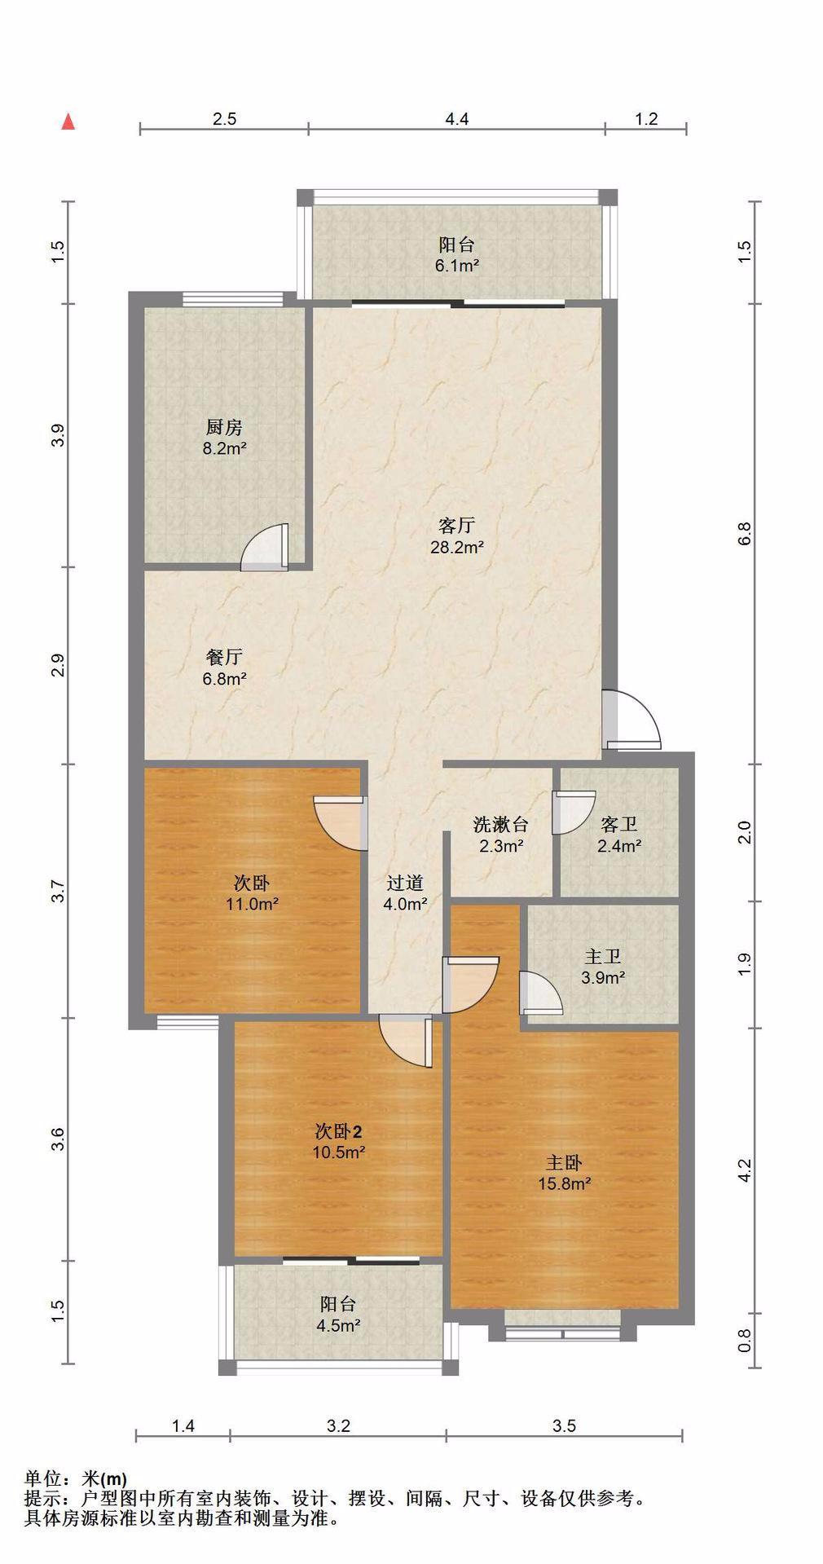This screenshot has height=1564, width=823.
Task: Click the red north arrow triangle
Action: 68,122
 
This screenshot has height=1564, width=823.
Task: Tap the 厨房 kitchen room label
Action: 224,427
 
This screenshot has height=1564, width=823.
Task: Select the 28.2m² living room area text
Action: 457,547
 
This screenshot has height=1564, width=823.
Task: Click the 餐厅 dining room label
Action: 224,657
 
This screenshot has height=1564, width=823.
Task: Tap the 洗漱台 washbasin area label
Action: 501,825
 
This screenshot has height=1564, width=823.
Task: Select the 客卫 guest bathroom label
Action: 618,825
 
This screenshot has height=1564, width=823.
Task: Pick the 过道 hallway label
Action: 405,883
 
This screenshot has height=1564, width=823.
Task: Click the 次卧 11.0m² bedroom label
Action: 253,883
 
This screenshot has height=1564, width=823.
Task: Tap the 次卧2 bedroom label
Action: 338,1131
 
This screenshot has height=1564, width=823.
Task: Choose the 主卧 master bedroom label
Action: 564,1163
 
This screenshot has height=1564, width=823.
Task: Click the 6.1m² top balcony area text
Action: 457,266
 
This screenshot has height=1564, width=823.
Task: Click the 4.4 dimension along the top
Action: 457,119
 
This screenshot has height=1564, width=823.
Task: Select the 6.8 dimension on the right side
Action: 745,533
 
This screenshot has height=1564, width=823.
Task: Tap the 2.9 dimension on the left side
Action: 57,666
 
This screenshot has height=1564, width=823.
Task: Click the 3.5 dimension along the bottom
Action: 564,1425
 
